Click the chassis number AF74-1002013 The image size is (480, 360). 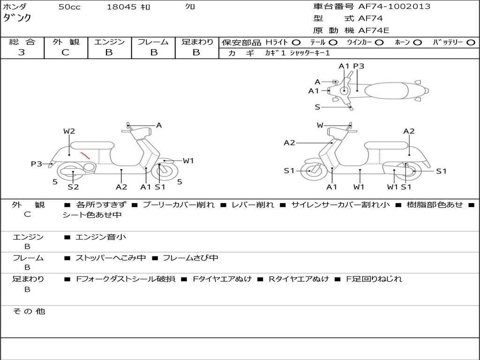394,7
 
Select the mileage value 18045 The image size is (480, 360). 121,7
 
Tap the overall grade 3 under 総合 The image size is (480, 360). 22,52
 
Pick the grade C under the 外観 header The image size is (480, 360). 65,52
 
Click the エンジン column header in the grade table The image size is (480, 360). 109,42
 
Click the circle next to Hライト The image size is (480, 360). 296,43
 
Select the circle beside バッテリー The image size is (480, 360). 471,43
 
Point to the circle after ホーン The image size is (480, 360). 418,43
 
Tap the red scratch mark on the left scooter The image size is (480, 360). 85,156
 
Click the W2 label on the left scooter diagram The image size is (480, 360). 69,131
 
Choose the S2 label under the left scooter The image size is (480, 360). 73,187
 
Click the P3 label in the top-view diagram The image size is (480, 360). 359,66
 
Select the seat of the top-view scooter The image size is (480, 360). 386,90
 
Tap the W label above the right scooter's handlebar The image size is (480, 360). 320,125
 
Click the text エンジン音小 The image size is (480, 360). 100,237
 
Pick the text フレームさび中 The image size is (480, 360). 190,258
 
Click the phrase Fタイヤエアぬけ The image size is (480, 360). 222,279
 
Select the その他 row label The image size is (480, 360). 29,311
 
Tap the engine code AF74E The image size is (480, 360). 374,30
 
